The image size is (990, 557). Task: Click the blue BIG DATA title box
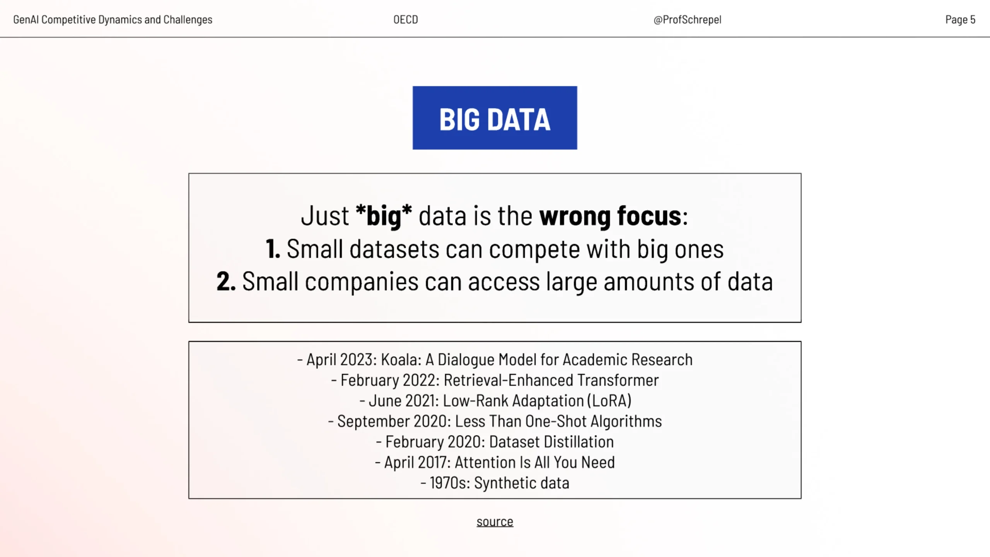[x=495, y=118]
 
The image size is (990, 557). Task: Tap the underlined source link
[x=495, y=522]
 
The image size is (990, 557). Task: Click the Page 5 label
[x=960, y=20]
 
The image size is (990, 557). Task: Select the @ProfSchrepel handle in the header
[x=687, y=20]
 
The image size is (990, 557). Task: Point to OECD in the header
[x=406, y=20]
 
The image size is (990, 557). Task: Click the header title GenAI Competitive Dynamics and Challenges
[x=113, y=20]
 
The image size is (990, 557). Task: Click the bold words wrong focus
[x=610, y=215]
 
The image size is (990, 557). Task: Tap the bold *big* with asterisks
[x=384, y=215]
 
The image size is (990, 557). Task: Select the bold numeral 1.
[x=273, y=249]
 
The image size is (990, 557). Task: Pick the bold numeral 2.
[x=226, y=281]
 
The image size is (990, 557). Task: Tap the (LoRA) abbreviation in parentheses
[x=609, y=401]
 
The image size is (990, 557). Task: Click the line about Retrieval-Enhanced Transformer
[x=495, y=380]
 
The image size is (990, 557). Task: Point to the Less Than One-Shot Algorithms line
[x=495, y=421]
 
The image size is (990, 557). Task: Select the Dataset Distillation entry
[x=495, y=442]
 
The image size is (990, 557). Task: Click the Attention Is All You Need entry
[x=495, y=462]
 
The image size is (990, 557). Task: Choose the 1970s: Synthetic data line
[x=495, y=483]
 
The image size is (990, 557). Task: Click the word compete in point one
[x=534, y=249]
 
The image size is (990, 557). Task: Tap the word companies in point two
[x=362, y=282]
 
